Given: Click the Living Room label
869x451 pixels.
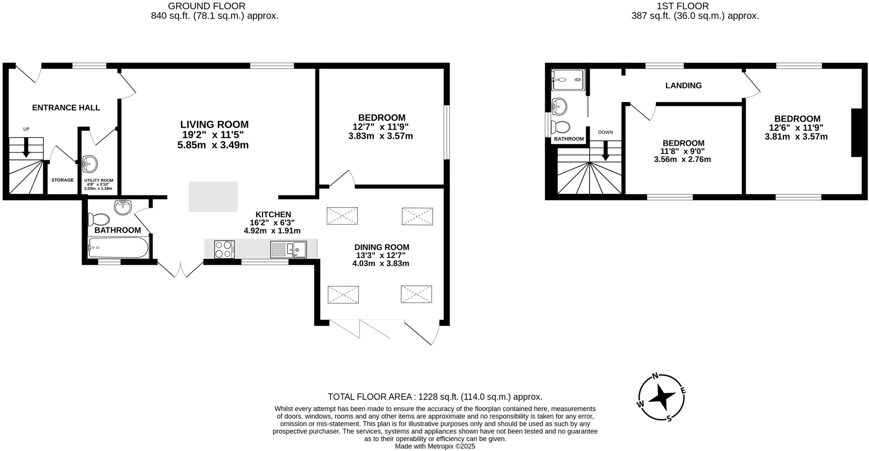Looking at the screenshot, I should click(x=214, y=125).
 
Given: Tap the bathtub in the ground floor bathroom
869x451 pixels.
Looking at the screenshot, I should click(x=118, y=247).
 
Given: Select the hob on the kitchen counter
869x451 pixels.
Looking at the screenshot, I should click(x=224, y=249).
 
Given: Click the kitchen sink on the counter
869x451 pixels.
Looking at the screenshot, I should click(x=289, y=249).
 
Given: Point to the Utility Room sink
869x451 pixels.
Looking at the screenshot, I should click(x=90, y=164).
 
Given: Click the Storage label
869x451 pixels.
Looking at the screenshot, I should click(x=62, y=180).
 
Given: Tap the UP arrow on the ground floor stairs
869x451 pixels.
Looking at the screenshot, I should click(x=26, y=148).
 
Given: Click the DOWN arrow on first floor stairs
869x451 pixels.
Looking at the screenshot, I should click(x=605, y=151).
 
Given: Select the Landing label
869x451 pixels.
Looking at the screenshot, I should click(x=683, y=86).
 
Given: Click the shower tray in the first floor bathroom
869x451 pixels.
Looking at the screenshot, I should click(x=568, y=80).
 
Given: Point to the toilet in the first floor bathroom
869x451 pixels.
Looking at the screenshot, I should click(x=561, y=127).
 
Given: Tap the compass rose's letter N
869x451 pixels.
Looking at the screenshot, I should click(x=655, y=376).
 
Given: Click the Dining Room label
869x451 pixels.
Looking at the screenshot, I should click(x=381, y=247).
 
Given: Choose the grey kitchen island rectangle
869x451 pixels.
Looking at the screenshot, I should click(x=213, y=197).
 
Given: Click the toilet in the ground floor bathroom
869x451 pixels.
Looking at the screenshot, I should click(x=98, y=219).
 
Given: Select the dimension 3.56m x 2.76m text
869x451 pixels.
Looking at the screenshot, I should click(x=682, y=160).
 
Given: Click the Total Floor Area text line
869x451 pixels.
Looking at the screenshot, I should click(x=435, y=397).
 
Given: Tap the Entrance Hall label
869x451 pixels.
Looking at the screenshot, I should click(x=66, y=108).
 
